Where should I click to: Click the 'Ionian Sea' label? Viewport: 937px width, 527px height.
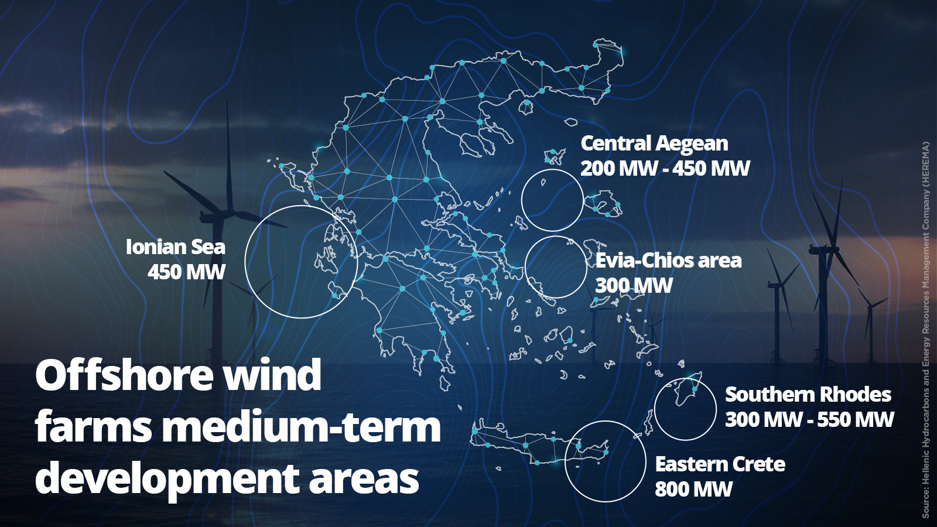click(x=175, y=247)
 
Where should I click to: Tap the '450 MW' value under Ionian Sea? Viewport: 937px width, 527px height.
click(x=186, y=272)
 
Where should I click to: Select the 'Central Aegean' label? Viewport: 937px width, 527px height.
click(x=654, y=143)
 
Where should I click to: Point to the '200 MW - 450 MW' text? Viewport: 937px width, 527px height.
click(x=665, y=169)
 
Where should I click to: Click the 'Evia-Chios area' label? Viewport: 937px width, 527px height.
click(x=668, y=261)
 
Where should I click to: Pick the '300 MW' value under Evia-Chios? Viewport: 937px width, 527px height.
click(x=634, y=286)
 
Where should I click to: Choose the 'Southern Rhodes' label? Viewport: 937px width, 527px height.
click(x=808, y=395)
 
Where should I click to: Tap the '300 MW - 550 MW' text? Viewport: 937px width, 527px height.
click(x=809, y=420)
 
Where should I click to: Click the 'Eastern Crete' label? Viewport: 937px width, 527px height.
click(x=720, y=464)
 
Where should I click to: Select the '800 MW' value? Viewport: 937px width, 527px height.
click(x=693, y=490)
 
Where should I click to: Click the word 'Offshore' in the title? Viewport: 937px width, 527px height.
click(x=124, y=375)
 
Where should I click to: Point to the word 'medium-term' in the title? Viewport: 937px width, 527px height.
click(x=301, y=427)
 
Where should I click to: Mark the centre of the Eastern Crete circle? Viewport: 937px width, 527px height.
click(x=605, y=461)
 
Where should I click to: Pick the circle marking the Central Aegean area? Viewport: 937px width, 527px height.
click(x=552, y=200)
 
